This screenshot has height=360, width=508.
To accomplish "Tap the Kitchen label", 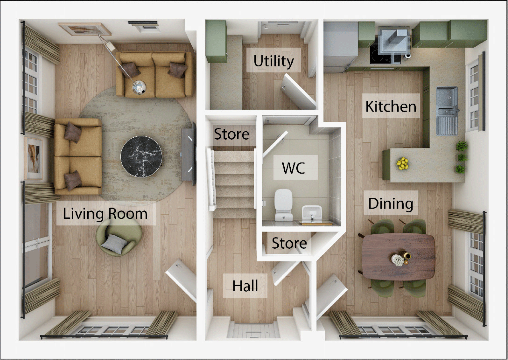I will pyautogui.click(x=391, y=106).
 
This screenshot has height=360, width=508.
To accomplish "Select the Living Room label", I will pyautogui.click(x=105, y=213).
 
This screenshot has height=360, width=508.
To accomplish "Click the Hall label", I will pyautogui.click(x=245, y=286).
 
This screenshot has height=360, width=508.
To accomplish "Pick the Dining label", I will pyautogui.click(x=391, y=203).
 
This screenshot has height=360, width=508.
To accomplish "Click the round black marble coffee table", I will pyautogui.click(x=141, y=156).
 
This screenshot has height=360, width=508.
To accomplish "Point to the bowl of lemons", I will pyautogui.click(x=403, y=163).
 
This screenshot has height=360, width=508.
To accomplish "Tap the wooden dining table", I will pyautogui.click(x=398, y=256).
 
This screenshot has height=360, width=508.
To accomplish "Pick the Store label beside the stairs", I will pyautogui.click(x=232, y=134).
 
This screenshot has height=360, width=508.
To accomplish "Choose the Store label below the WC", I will pyautogui.click(x=289, y=243).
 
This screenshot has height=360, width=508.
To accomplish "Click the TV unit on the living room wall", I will pyautogui.click(x=188, y=155).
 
